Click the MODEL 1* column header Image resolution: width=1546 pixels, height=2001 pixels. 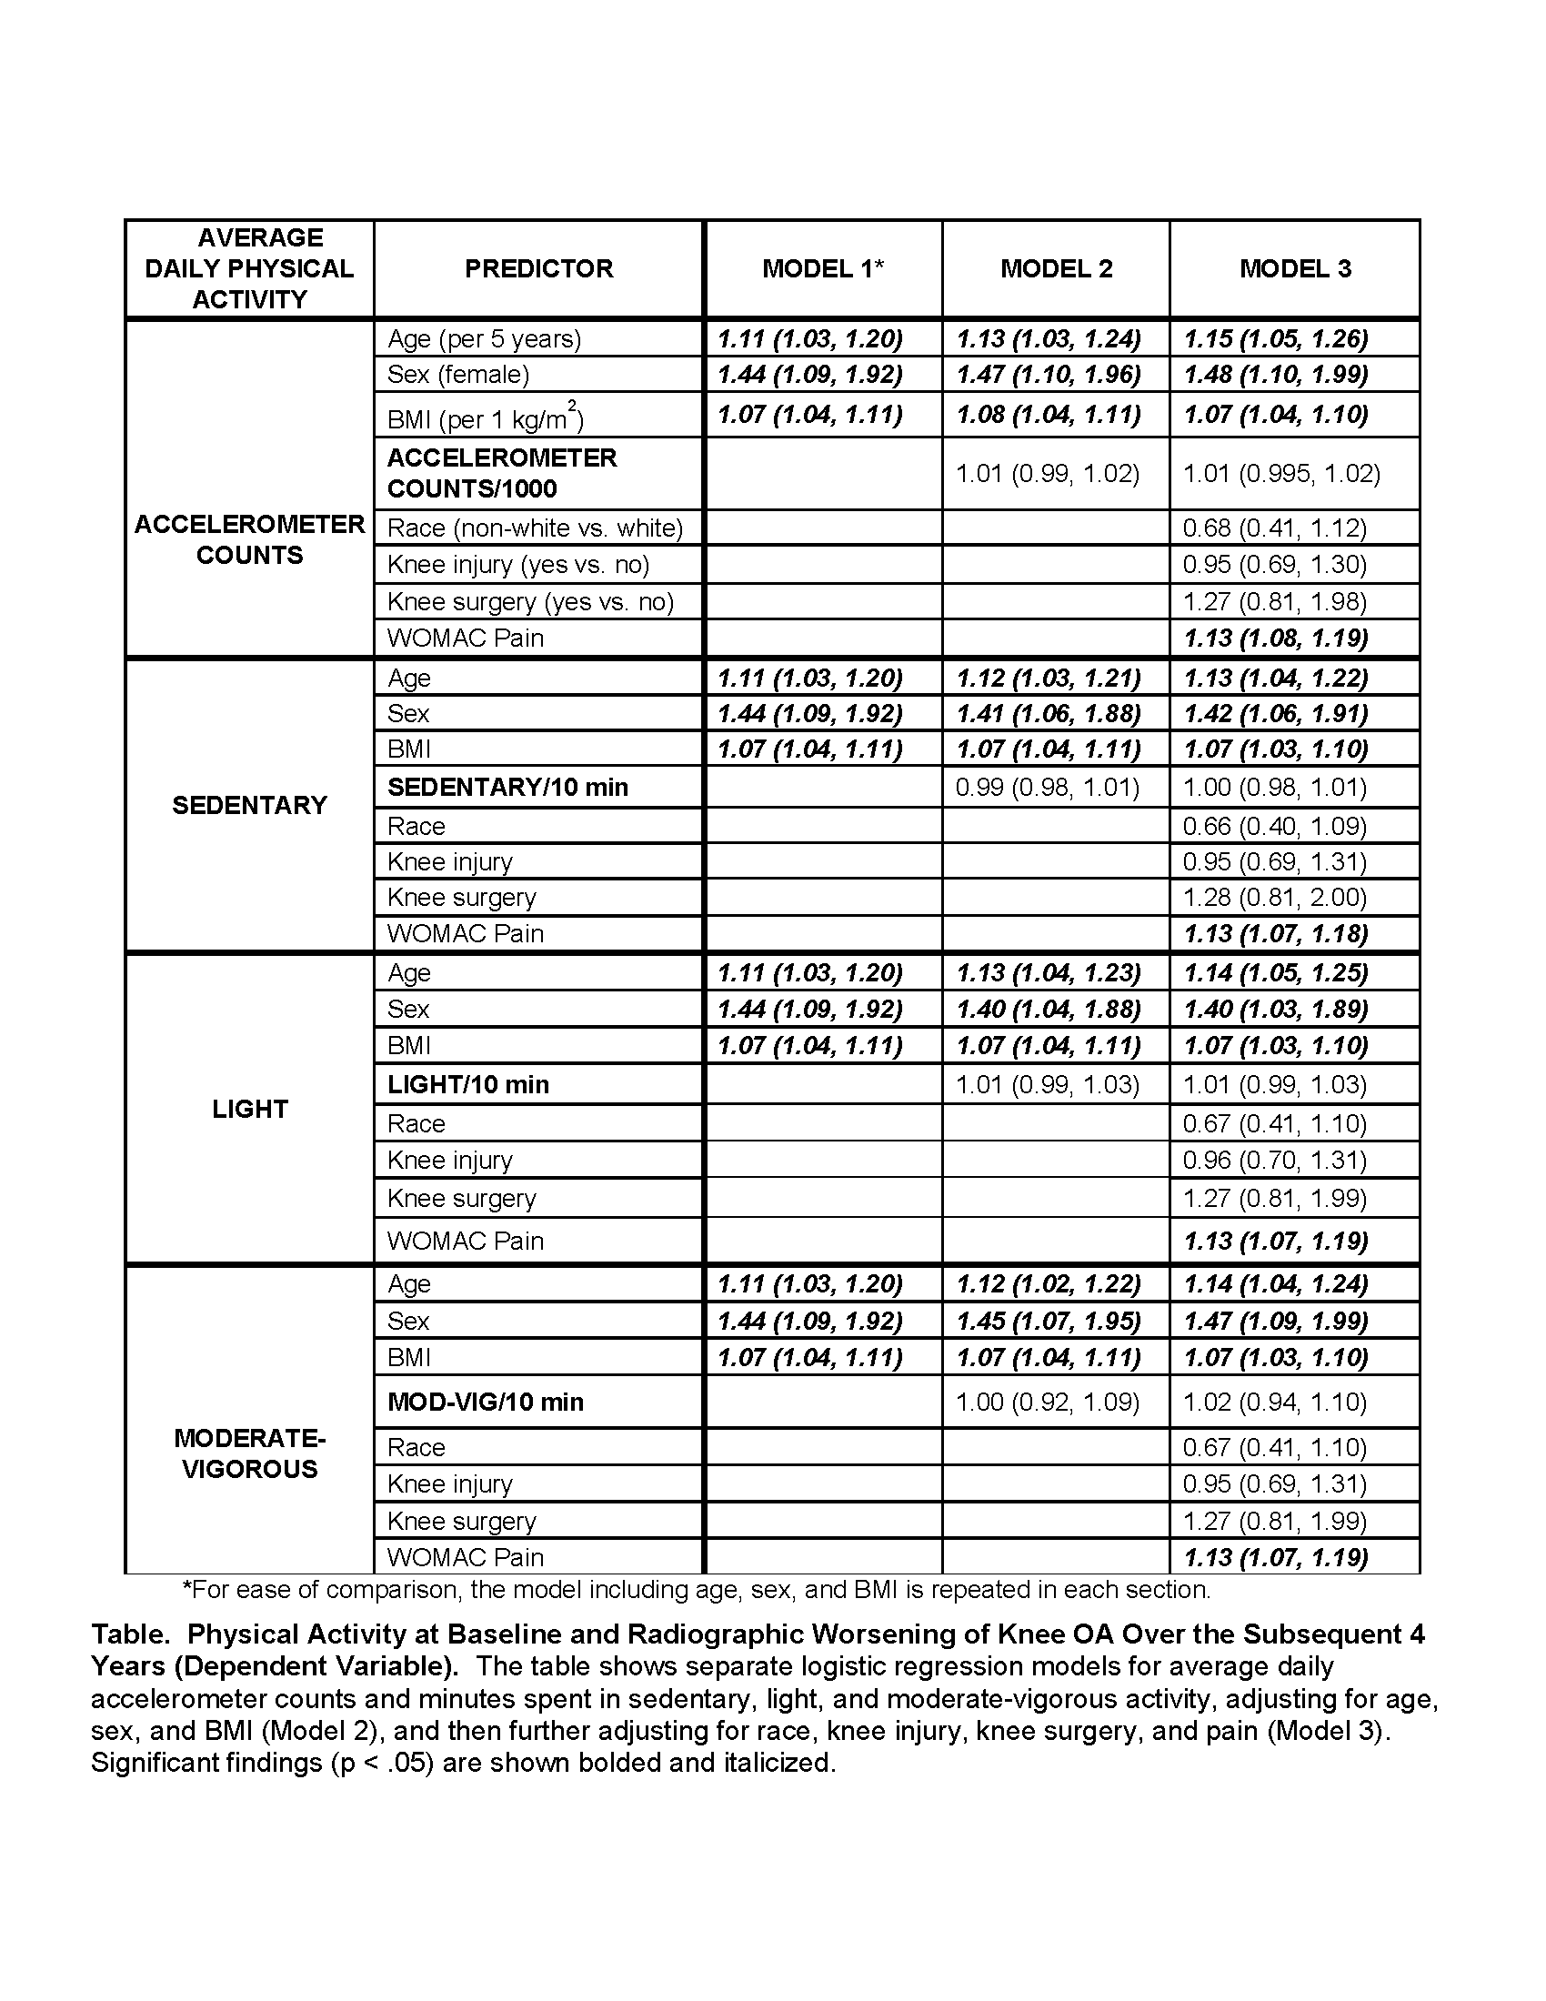pos(822,268)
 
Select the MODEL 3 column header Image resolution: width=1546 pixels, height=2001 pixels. pos(1295,268)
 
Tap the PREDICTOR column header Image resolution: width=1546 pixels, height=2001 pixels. pos(538,268)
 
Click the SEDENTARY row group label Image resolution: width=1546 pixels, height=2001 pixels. pos(249,805)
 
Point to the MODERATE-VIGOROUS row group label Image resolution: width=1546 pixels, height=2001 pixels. pos(249,1453)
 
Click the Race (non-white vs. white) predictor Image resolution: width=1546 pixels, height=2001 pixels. pos(535,528)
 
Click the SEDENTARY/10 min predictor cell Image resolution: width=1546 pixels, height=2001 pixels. pos(507,788)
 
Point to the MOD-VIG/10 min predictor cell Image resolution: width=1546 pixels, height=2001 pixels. pos(486,1402)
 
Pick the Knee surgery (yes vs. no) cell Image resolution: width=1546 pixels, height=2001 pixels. pos(530,602)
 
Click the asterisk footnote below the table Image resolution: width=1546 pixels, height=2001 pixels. pos(696,1590)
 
